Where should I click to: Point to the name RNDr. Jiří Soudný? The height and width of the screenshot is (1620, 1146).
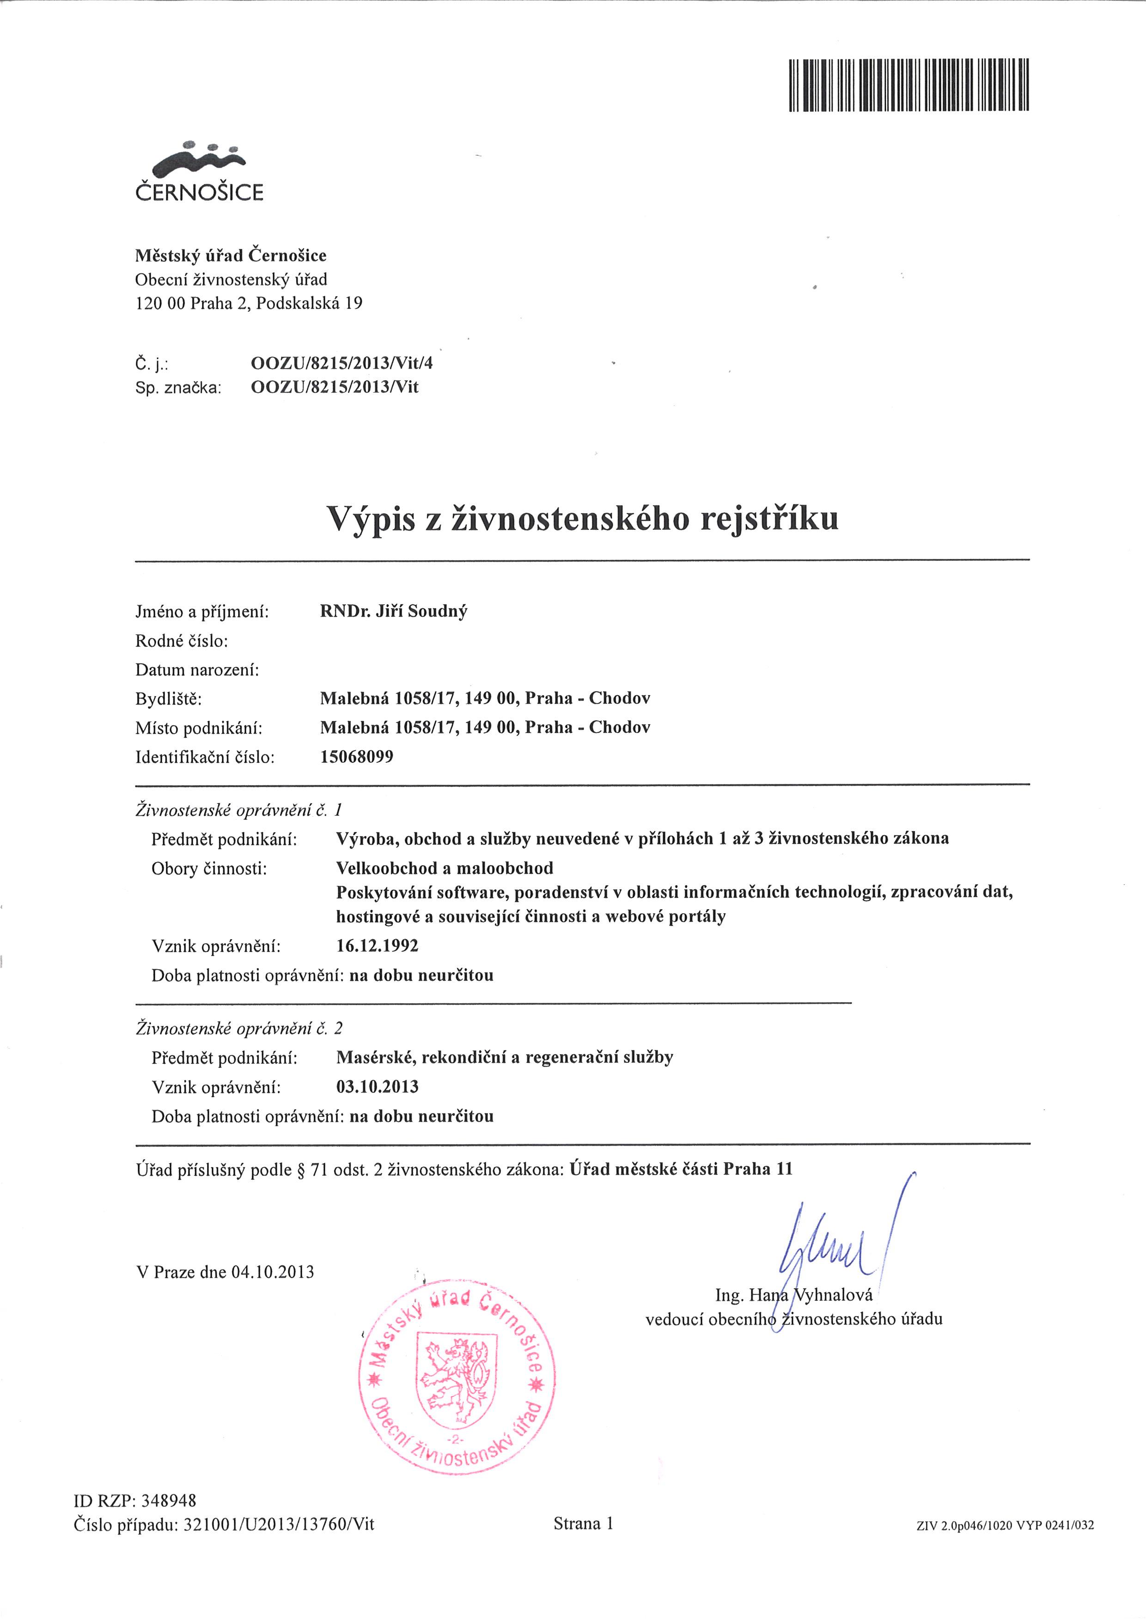[x=393, y=611]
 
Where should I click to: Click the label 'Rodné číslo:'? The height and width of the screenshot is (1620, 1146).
[x=181, y=641]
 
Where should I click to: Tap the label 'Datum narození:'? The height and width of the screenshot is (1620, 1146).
[x=197, y=670]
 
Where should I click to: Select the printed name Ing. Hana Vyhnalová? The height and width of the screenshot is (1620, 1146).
[x=794, y=1295]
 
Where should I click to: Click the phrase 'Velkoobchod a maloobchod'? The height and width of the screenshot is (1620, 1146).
[x=445, y=868]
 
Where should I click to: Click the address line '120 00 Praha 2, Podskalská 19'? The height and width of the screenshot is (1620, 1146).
[x=249, y=303]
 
